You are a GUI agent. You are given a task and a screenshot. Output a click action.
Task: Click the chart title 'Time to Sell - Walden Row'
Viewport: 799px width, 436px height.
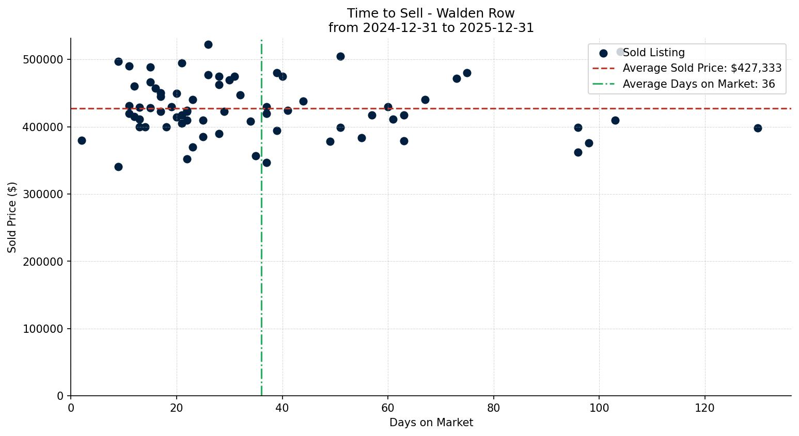tap(431, 13)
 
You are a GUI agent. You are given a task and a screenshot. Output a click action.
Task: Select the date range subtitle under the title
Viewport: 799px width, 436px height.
tap(431, 28)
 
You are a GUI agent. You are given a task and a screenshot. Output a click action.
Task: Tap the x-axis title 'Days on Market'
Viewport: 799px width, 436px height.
tap(431, 423)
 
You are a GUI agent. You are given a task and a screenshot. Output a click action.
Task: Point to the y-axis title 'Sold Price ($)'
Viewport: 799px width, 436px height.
tap(12, 217)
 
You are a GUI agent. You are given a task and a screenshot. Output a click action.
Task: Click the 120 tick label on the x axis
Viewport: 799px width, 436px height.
tap(704, 408)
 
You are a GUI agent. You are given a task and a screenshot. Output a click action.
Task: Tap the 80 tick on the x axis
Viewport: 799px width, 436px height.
tap(493, 408)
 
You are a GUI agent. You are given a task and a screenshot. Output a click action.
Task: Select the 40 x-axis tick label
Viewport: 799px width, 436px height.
tap(282, 408)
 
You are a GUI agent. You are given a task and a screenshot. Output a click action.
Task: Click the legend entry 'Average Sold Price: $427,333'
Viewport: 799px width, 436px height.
tap(702, 68)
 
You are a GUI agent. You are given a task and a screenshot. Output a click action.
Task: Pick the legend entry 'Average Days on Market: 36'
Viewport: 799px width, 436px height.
tap(698, 84)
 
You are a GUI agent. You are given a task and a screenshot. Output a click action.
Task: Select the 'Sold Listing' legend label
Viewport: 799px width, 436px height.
tap(653, 53)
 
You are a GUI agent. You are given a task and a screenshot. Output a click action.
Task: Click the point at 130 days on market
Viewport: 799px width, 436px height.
tap(758, 128)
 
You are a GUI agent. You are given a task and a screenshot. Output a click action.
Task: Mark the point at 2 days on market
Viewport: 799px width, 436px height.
tap(82, 140)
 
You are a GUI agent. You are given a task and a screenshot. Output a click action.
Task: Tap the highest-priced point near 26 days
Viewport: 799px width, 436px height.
tap(208, 44)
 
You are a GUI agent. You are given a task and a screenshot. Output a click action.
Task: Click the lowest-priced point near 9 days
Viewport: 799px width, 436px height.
tap(118, 167)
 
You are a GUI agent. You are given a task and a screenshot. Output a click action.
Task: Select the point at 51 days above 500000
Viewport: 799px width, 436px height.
tap(340, 56)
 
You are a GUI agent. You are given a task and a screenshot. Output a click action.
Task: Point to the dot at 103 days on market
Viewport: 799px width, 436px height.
tap(615, 120)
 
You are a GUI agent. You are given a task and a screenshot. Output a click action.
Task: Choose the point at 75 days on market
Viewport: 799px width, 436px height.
tap(467, 73)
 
